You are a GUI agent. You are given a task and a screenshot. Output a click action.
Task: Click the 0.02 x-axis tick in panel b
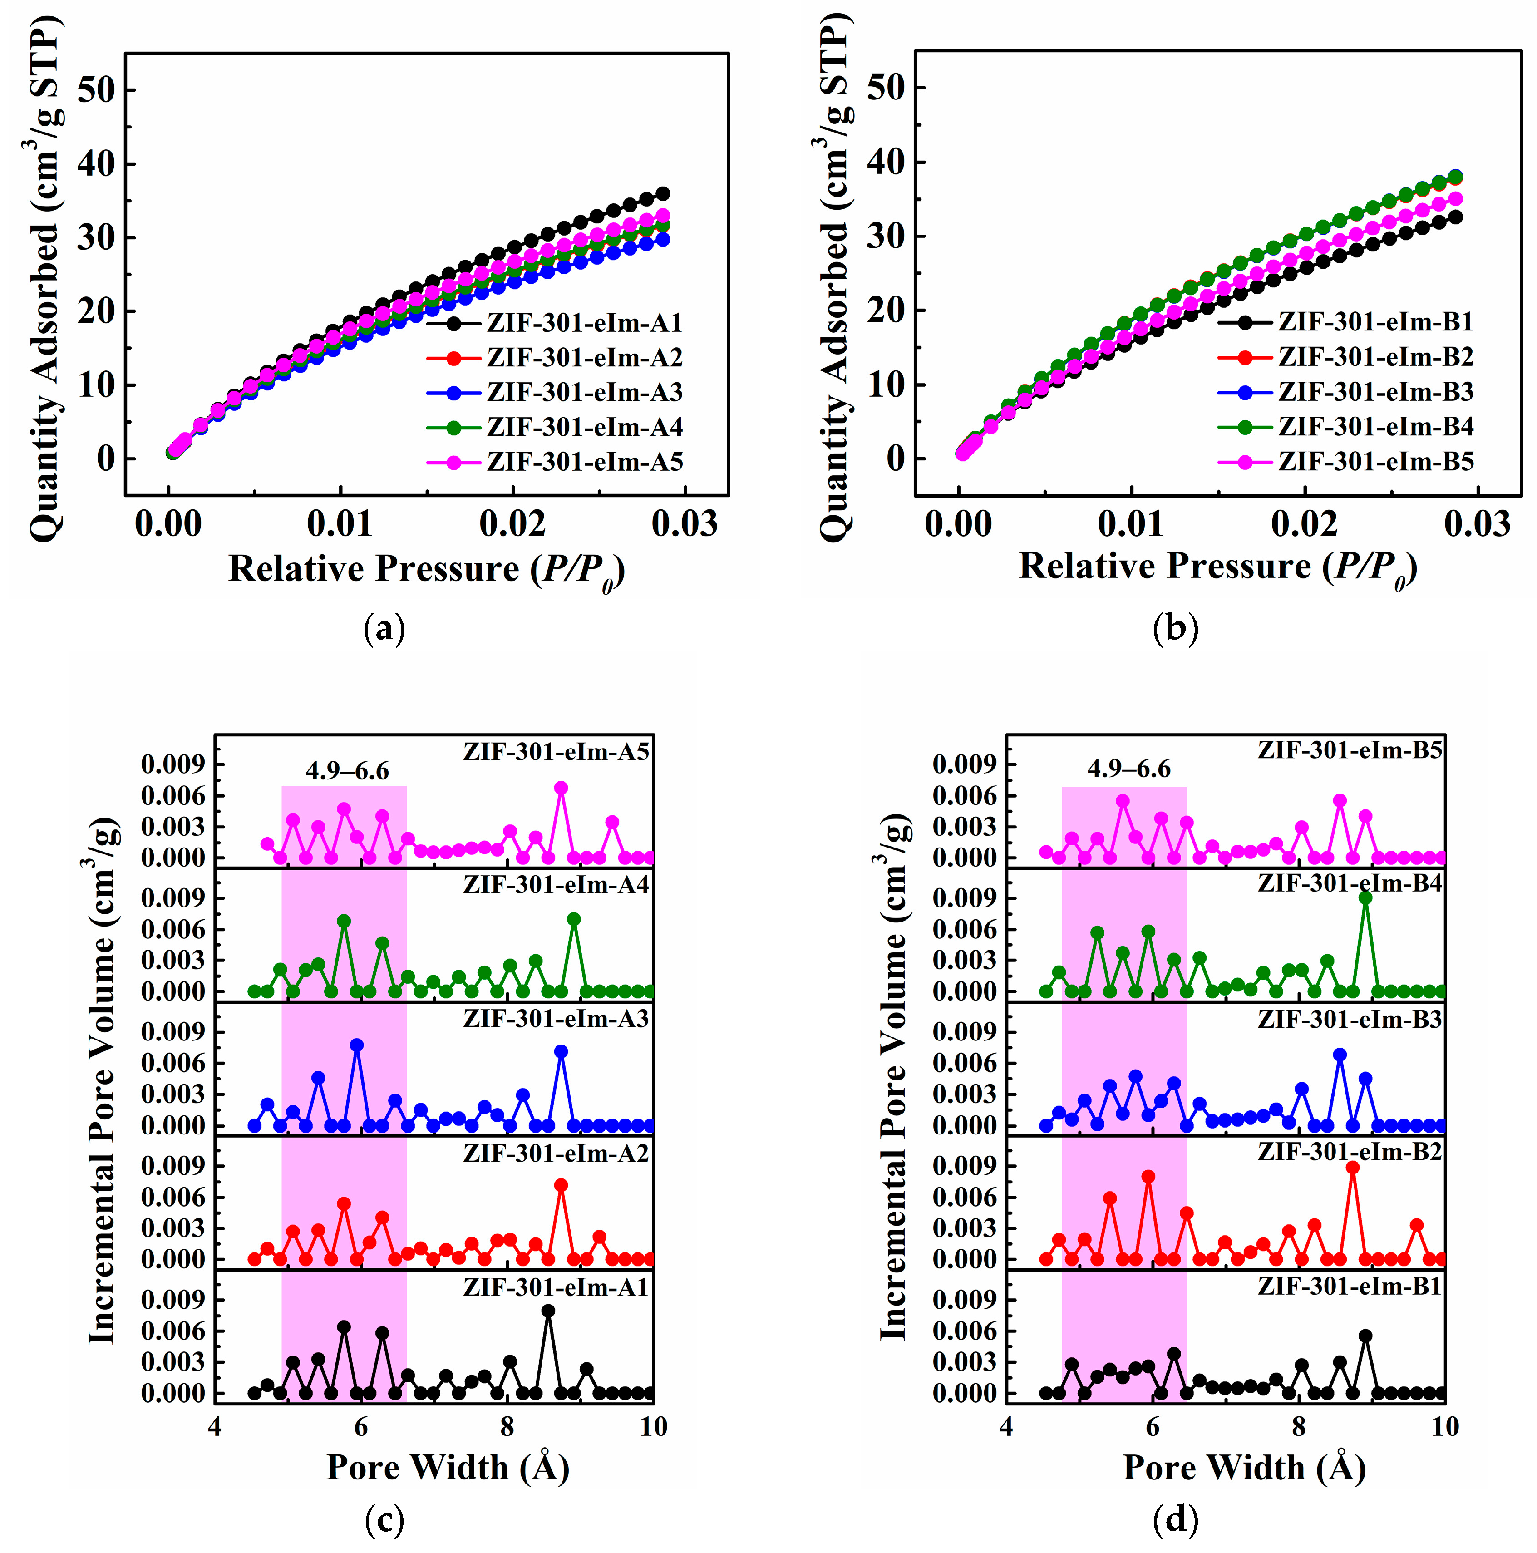pos(1305,524)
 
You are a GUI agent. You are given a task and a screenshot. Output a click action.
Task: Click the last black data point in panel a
pos(663,194)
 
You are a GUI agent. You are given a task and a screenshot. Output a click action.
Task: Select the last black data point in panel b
pos(1455,217)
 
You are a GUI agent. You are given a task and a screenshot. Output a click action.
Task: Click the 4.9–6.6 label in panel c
pos(347,772)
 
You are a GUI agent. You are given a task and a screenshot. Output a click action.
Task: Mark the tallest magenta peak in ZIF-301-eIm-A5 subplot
pos(561,789)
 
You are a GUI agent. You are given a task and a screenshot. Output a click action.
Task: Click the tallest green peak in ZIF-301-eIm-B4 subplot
pos(1365,898)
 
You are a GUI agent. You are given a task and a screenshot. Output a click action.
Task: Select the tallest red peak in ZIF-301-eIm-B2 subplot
pos(1353,1168)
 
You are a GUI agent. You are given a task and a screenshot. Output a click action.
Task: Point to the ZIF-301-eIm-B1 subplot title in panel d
pos(1350,1287)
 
